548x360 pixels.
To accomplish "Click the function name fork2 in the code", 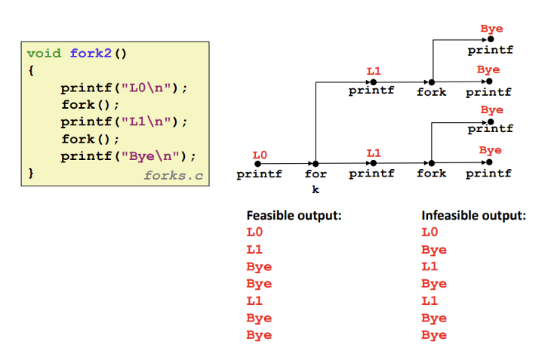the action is [91, 53].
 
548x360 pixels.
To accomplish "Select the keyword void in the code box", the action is [44, 53].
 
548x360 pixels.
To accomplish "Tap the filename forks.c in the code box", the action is [174, 175].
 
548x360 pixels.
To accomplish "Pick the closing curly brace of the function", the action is [31, 173].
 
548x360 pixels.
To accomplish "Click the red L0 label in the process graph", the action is [260, 155].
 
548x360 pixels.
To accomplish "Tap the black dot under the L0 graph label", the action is [257, 164].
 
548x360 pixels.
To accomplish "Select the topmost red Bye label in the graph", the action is [491, 29].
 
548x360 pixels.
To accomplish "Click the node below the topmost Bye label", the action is [491, 39].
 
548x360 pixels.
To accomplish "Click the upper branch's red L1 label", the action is [374, 71].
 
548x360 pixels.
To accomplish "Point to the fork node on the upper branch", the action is [432, 82].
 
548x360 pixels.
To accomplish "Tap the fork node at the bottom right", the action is [432, 163].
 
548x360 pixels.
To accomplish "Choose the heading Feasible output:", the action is [294, 216].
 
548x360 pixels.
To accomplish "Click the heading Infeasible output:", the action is [473, 216].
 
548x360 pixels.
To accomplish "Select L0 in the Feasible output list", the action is [254, 232].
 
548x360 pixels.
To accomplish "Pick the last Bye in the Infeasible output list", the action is [434, 335].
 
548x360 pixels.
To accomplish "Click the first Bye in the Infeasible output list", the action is [434, 250].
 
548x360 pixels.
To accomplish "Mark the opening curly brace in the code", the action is [31, 70].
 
